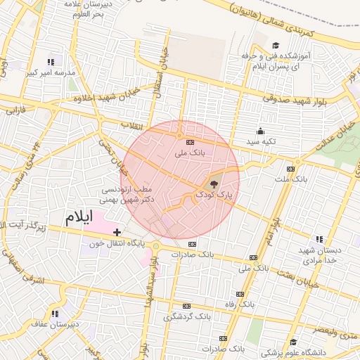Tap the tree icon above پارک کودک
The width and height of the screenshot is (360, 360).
pyautogui.click(x=214, y=183)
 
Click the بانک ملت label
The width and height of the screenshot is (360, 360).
pyautogui.click(x=290, y=180)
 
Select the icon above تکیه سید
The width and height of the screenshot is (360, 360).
pyautogui.click(x=260, y=131)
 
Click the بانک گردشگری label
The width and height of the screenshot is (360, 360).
pyautogui.click(x=186, y=317)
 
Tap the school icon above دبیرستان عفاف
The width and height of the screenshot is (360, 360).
pyautogui.click(x=54, y=314)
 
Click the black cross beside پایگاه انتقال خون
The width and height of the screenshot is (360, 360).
pyautogui.click(x=117, y=232)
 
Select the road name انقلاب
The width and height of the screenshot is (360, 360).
pyautogui.click(x=132, y=124)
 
